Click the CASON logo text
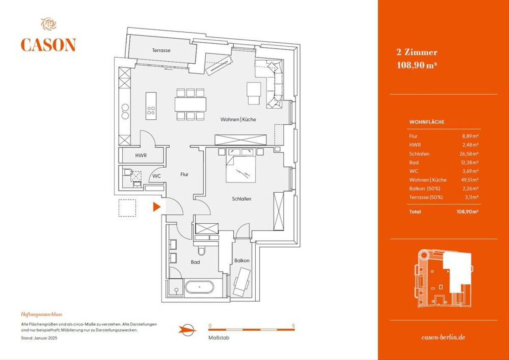48,45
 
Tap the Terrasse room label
161,51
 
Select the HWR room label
141,156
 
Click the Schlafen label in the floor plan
241,199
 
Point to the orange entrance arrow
157,207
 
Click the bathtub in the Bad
199,287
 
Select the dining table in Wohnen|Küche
190,104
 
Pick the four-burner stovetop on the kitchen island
151,110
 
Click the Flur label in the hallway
184,174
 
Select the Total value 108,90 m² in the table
469,211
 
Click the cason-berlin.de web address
444,337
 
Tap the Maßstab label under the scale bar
218,338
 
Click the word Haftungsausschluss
42,315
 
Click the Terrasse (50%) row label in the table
425,197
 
